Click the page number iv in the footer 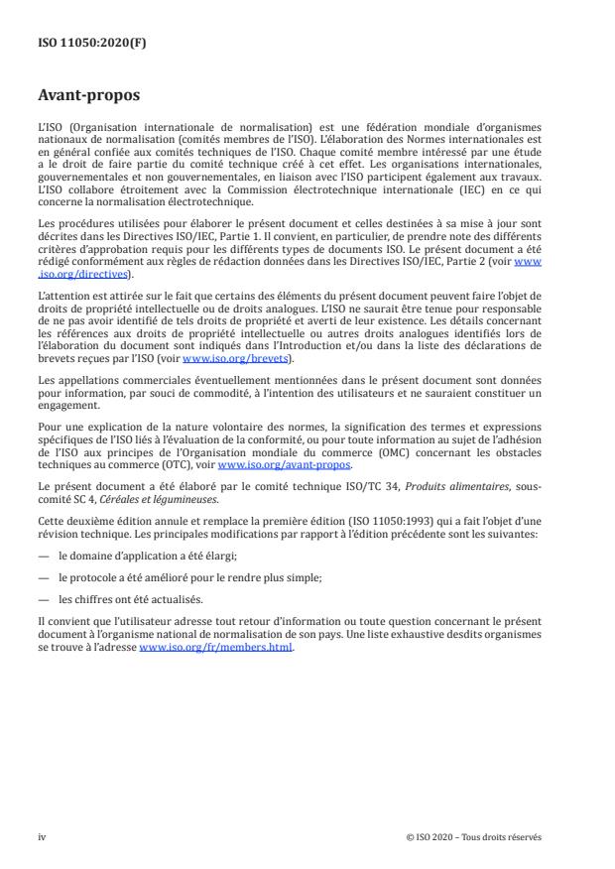click(42, 837)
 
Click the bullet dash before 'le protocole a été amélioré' click(44, 577)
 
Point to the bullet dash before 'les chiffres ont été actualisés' click(44, 598)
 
